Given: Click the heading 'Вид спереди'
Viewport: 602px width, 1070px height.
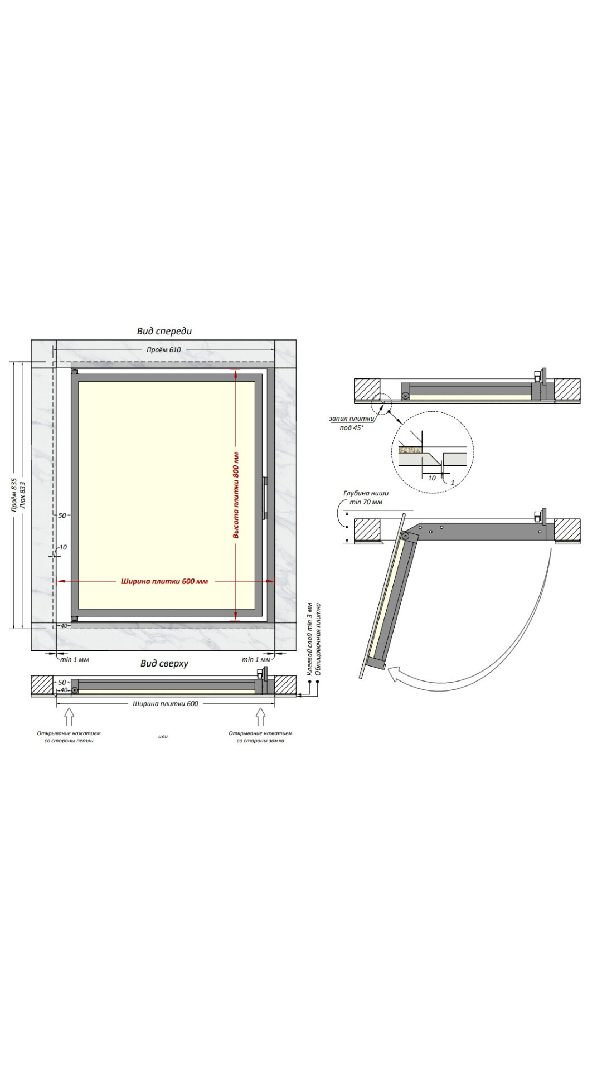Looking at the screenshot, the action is (164, 331).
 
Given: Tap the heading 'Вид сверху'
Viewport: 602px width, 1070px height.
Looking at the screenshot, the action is (164, 663).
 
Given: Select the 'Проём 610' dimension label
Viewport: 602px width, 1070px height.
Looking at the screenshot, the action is (164, 349).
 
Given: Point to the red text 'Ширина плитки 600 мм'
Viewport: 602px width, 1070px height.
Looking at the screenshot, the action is (164, 581).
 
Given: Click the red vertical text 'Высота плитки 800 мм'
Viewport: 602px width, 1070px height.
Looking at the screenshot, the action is (236, 495).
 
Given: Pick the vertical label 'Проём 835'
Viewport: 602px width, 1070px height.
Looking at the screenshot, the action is (14, 495).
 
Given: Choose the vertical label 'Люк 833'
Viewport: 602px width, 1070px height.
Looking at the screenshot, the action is (22, 495).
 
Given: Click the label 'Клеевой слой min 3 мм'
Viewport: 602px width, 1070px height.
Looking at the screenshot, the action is (310, 639).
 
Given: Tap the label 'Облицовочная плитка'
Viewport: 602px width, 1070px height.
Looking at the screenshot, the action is (318, 639).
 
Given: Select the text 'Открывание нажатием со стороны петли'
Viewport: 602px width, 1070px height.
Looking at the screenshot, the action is (69, 737).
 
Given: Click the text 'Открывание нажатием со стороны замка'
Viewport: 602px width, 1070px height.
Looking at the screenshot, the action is (260, 737).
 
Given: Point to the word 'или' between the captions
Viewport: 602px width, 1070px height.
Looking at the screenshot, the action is (163, 736).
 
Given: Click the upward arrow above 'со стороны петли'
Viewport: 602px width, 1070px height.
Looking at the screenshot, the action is (69, 717).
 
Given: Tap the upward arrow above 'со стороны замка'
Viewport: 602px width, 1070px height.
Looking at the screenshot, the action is (260, 717).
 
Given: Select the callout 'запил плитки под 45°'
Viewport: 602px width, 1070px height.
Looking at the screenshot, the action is (351, 423).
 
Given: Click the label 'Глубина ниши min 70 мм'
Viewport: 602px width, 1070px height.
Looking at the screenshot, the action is (366, 498).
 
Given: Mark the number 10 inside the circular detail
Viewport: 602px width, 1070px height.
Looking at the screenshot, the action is (432, 478).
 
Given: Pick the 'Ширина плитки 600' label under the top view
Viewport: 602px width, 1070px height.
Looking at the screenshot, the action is (166, 704).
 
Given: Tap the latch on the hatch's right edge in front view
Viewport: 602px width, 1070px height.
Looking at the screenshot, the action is (265, 498).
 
